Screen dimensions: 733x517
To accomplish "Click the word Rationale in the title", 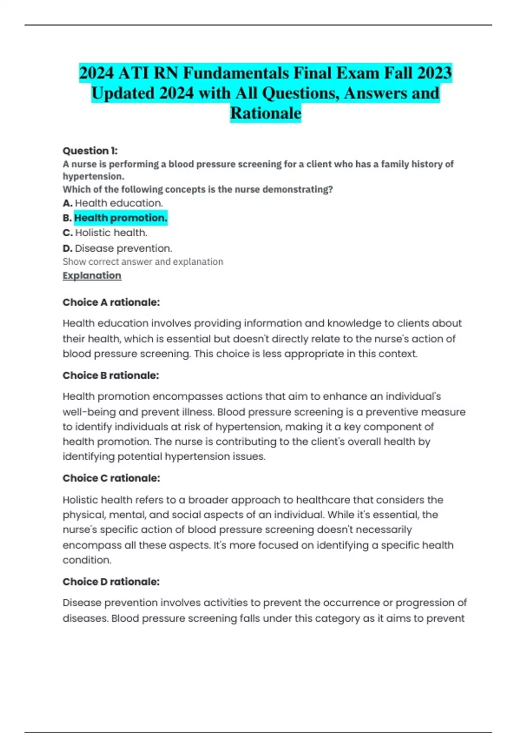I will [x=265, y=113].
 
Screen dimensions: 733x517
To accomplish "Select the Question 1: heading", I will [x=90, y=151].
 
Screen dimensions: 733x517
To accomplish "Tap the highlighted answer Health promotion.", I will [x=121, y=218].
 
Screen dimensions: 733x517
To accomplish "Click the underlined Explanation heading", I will [x=92, y=276].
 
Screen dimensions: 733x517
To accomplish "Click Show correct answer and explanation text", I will [x=143, y=262].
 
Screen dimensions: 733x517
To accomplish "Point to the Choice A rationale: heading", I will [x=111, y=302].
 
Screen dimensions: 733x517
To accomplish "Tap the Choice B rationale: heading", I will [x=111, y=376].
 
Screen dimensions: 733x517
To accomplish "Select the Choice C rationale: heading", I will [x=111, y=478].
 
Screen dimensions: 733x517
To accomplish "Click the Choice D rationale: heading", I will [x=111, y=582].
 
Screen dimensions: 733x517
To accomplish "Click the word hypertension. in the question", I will [x=93, y=176].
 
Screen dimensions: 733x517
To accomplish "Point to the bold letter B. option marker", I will [x=67, y=218].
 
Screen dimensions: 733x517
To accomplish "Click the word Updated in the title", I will [x=122, y=93].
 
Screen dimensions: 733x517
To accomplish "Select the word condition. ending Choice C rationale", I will [x=87, y=560].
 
